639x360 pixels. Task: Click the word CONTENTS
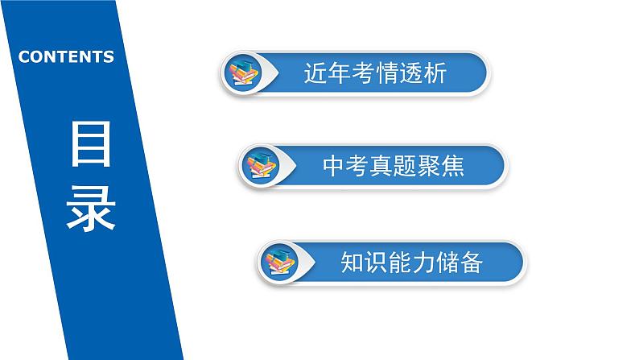click(66, 56)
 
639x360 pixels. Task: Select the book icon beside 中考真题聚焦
click(259, 167)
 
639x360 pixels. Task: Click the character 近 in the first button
click(315, 73)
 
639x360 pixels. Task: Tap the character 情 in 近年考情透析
click(385, 73)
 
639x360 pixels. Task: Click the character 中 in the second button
click(333, 167)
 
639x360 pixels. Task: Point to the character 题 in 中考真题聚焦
click(405, 167)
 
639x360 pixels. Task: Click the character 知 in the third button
click(352, 261)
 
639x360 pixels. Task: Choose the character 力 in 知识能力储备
click(423, 261)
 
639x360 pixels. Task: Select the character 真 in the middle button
click(381, 167)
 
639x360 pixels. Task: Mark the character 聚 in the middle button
click(429, 167)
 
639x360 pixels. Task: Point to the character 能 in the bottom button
click(400, 261)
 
